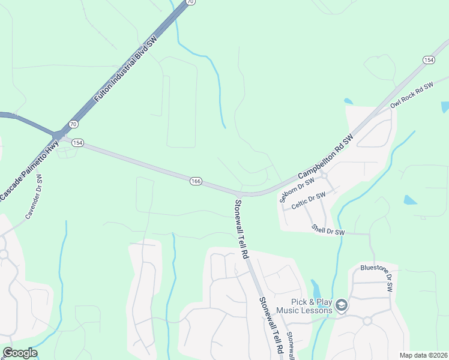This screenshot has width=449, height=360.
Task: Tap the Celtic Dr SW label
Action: [x=308, y=200]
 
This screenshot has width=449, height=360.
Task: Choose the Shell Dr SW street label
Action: [x=328, y=230]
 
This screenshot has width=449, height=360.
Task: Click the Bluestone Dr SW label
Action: [x=376, y=277]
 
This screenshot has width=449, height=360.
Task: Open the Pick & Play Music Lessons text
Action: [x=304, y=306]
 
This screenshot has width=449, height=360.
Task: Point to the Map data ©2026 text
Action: [x=423, y=355]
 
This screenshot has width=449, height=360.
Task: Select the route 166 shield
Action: [x=196, y=181]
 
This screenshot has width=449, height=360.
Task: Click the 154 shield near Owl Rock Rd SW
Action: [x=429, y=60]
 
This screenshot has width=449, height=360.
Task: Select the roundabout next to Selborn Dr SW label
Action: [x=323, y=175]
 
